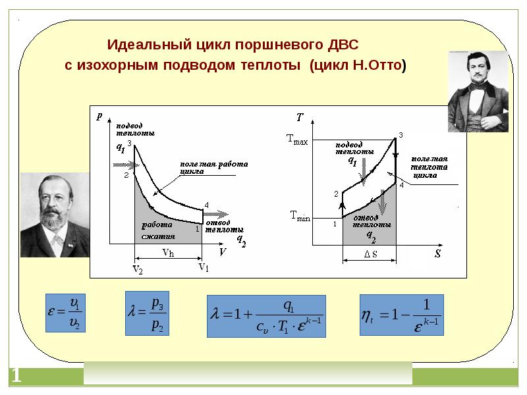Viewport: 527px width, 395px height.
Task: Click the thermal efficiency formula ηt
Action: point(402,313)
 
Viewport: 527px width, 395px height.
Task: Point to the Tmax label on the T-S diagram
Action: point(297,139)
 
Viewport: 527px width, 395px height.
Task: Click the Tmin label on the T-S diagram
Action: point(299,215)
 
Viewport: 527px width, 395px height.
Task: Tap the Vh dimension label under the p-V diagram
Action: point(168,253)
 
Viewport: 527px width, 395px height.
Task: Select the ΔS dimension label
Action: point(370,255)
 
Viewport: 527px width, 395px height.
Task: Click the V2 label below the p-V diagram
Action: point(138,270)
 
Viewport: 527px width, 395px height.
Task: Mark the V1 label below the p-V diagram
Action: point(204,267)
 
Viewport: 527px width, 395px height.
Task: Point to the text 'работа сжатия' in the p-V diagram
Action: point(157,231)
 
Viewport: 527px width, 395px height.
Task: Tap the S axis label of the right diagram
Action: point(437,253)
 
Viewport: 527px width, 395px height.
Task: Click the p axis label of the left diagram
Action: point(99,116)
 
